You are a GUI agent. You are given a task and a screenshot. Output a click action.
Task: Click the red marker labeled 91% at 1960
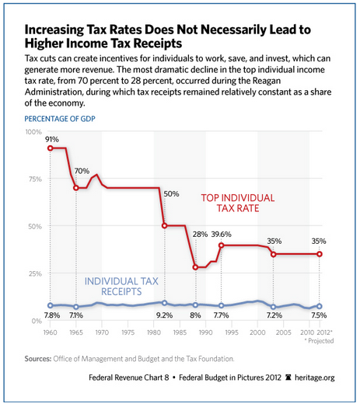[51, 148]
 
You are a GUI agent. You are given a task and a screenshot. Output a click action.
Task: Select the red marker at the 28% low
[195, 267]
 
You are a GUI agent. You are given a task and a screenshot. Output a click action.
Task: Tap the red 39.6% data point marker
[221, 245]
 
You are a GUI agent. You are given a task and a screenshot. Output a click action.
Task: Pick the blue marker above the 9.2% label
[164, 303]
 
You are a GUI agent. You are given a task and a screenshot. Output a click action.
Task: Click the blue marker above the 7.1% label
[76, 307]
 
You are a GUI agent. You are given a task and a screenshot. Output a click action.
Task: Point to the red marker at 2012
[320, 254]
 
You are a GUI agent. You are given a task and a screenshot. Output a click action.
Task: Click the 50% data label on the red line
[171, 194]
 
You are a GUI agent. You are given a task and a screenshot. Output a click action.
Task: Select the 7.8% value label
[52, 315]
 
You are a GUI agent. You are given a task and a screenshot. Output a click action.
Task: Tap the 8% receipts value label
[195, 315]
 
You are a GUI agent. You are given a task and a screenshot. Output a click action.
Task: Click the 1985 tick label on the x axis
[180, 332]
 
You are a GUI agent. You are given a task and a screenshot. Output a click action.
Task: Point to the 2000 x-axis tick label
[257, 332]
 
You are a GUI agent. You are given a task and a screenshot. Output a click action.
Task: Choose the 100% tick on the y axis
[33, 132]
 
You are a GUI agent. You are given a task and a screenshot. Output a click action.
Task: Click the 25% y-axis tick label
[35, 273]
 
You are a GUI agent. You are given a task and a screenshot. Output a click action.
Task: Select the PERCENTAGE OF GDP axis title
[60, 119]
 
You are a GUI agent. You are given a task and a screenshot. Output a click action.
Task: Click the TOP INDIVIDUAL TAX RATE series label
[238, 203]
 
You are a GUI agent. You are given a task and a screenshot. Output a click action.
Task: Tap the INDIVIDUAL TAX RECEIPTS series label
[121, 287]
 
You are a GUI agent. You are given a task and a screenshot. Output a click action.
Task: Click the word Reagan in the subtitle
[267, 81]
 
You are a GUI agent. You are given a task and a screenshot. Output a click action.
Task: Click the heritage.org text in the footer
[314, 377]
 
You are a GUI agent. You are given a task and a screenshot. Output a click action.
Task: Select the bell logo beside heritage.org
[288, 377]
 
